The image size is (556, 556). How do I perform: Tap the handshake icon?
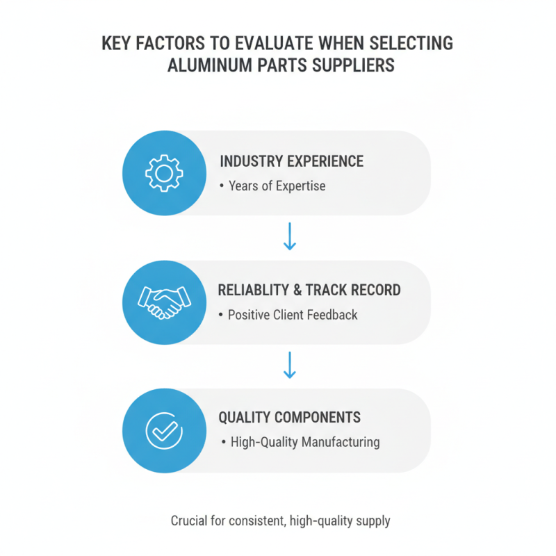pos(164,302)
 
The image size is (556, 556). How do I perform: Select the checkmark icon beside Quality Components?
pos(164,431)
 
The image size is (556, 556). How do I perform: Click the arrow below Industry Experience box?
pos(290,236)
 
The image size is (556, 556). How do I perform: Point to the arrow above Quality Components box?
pos(290,365)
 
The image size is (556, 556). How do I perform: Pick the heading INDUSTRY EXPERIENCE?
pos(291,161)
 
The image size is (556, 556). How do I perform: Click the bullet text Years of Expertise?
pos(277,186)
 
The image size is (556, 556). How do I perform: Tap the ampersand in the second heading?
pos(297,290)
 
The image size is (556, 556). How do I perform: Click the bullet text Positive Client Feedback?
pos(293,315)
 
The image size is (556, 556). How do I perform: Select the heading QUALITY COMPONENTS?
pos(289,418)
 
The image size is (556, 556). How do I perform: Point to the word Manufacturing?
pos(341,442)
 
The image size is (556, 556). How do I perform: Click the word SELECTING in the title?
pos(411,43)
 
